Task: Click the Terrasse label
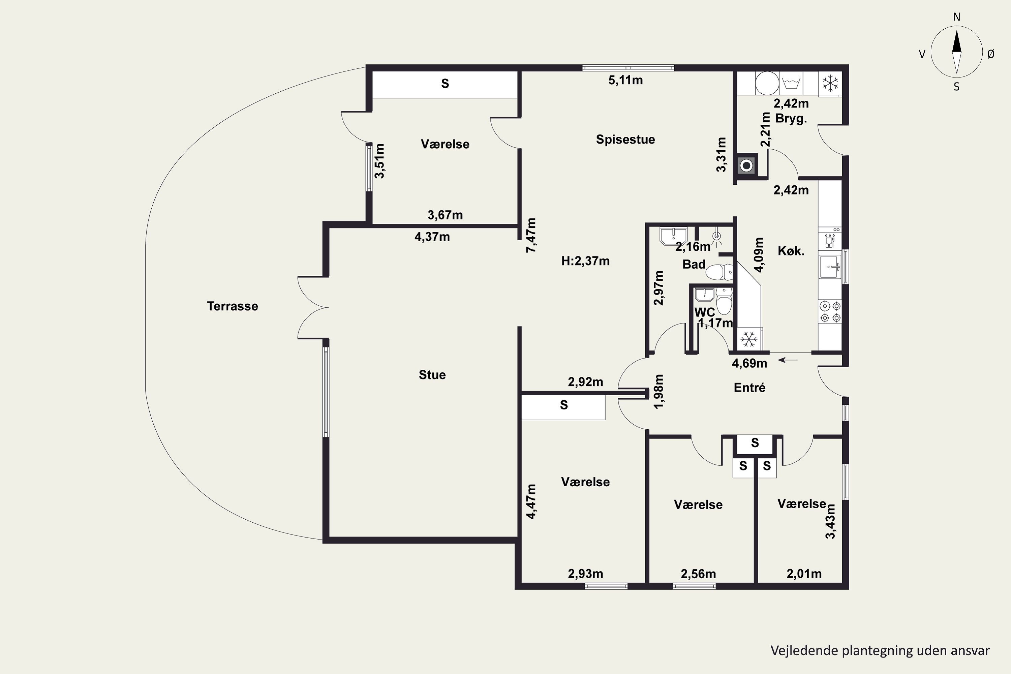pos(233,306)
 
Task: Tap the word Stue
pos(432,375)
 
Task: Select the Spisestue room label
pos(625,139)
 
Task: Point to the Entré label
pos(749,388)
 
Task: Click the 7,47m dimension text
pos(531,235)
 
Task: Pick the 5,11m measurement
pos(625,81)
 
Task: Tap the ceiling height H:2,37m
pos(585,261)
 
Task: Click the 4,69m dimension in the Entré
pos(749,363)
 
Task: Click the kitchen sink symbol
pos(830,267)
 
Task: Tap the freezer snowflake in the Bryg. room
pos(830,83)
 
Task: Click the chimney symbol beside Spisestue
pos(747,165)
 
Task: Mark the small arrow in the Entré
pos(788,360)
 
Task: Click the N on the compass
pos(956,17)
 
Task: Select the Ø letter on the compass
pos(991,54)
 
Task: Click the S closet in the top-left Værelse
pos(445,84)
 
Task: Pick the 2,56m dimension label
pos(699,574)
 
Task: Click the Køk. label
pos(791,251)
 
